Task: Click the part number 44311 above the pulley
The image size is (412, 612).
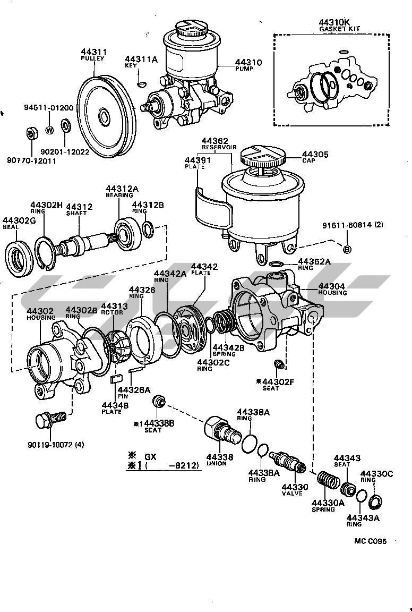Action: click(94, 52)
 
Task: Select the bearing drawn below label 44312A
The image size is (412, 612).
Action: click(127, 232)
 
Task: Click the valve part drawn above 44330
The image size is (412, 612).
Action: click(288, 462)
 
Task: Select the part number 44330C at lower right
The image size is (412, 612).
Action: click(376, 473)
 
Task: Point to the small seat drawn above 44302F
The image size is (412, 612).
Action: click(277, 365)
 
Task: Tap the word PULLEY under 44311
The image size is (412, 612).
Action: click(92, 58)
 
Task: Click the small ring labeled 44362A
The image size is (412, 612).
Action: click(275, 263)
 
